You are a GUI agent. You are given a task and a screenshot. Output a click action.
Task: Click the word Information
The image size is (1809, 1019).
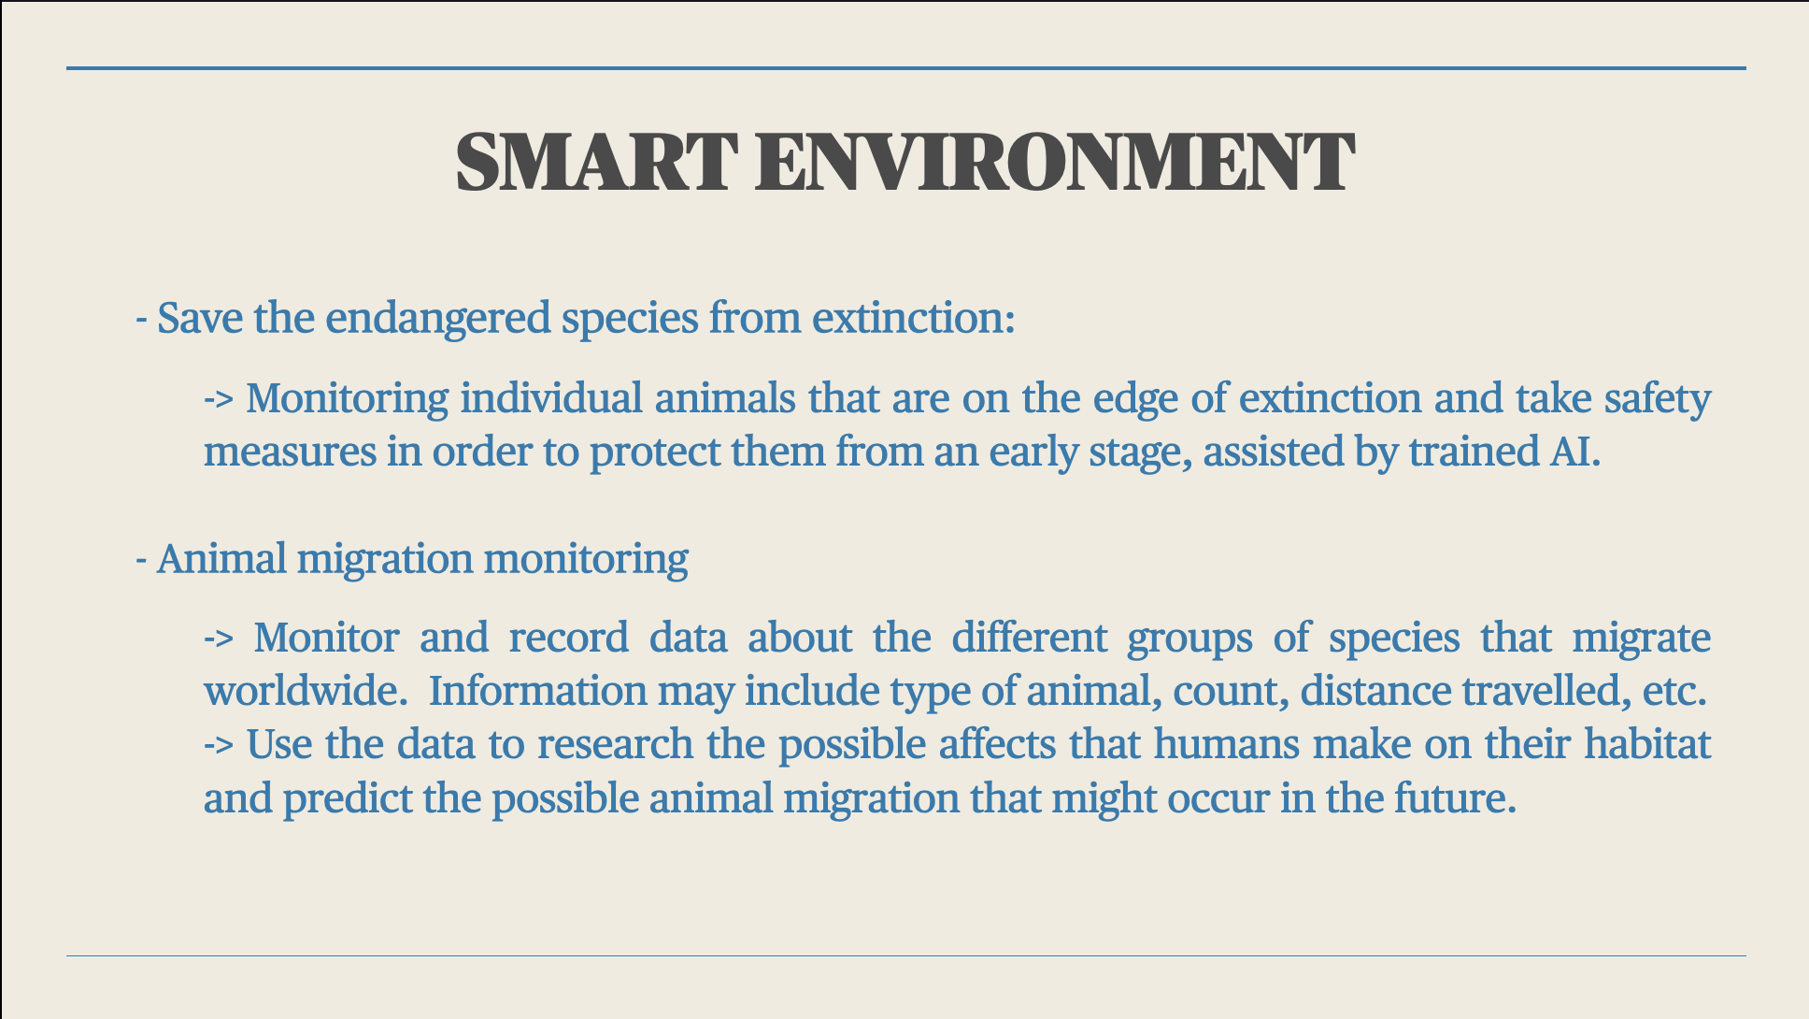coord(538,692)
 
